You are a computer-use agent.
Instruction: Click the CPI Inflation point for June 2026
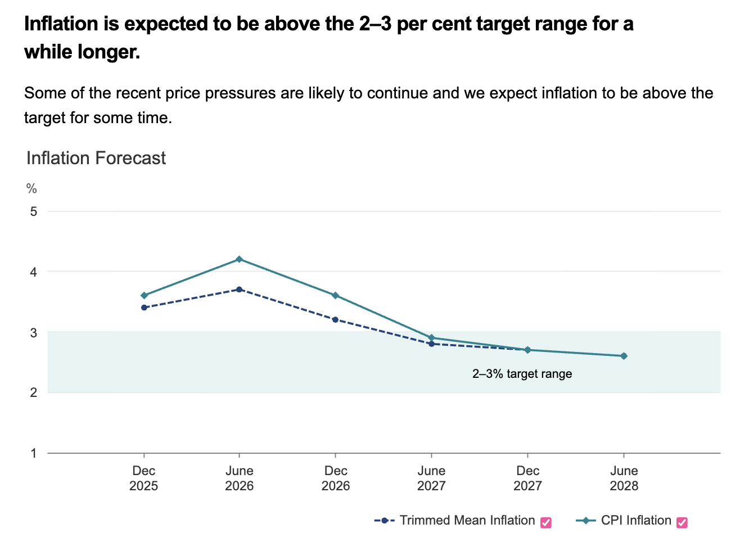click(240, 259)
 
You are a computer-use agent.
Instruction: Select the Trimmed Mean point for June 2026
click(240, 290)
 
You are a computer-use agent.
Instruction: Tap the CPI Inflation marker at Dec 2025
click(144, 296)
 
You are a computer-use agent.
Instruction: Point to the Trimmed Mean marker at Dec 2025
click(144, 308)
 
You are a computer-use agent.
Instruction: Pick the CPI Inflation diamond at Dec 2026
click(336, 296)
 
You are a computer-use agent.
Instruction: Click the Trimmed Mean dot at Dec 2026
click(336, 320)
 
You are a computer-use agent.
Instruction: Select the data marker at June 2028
click(624, 356)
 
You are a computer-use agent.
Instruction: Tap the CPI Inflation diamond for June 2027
click(432, 338)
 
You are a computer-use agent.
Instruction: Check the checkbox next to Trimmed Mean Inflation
click(545, 522)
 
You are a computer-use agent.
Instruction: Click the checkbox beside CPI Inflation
click(682, 522)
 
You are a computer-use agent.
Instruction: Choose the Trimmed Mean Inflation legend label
click(467, 521)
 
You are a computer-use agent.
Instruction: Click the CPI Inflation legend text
click(636, 521)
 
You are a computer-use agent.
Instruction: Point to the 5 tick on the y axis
click(34, 211)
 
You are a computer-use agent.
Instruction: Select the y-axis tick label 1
click(34, 453)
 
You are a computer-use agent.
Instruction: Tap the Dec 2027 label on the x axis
click(527, 478)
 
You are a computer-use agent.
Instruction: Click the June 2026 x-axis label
click(240, 478)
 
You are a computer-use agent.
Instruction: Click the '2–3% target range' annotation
click(522, 374)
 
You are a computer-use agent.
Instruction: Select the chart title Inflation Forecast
click(96, 158)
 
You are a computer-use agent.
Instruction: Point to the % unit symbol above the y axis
click(31, 189)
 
